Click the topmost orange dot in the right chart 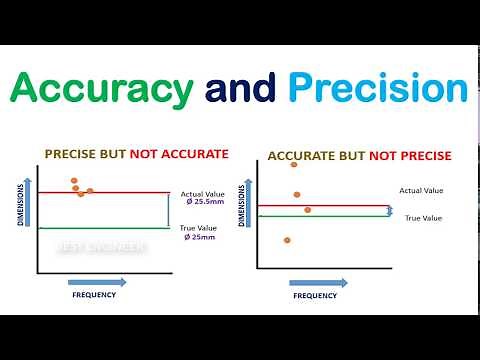coord(294,165)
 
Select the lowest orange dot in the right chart coord(287,240)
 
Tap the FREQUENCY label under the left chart coord(95,295)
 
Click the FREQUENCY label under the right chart coord(314,296)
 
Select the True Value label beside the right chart coord(423,217)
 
